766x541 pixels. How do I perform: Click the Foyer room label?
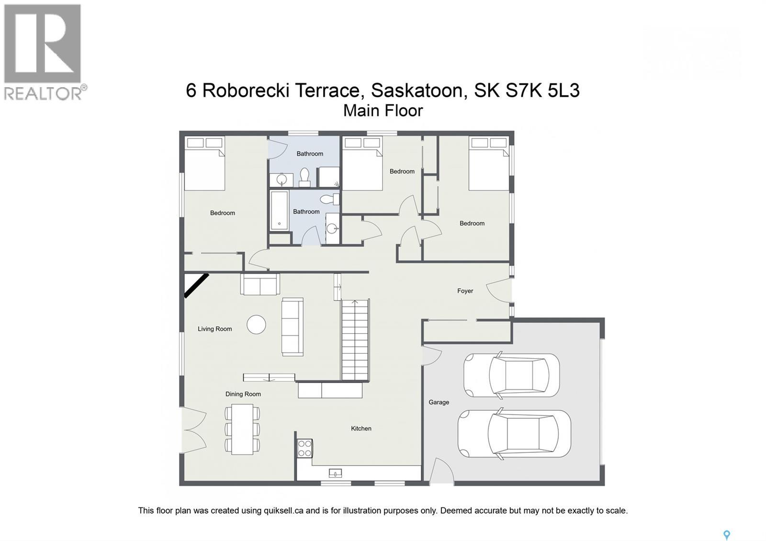(x=465, y=291)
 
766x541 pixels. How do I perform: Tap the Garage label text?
(x=439, y=402)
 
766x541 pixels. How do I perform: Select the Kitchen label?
(x=361, y=428)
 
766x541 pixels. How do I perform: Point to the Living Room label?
(x=214, y=329)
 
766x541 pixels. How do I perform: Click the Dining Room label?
(x=243, y=394)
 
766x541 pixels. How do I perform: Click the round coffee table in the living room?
(x=256, y=325)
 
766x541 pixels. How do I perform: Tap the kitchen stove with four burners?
(x=305, y=449)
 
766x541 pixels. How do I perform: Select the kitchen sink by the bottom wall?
(x=336, y=473)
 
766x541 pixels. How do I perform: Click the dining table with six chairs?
(x=242, y=429)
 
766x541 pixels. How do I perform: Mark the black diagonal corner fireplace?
(x=196, y=285)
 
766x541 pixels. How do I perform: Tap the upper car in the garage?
(x=511, y=375)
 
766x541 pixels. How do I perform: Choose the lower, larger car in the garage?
(x=514, y=433)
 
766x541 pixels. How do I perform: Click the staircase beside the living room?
(x=355, y=340)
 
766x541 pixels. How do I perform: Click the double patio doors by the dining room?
(x=193, y=429)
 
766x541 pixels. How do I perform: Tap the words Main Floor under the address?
(x=383, y=111)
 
